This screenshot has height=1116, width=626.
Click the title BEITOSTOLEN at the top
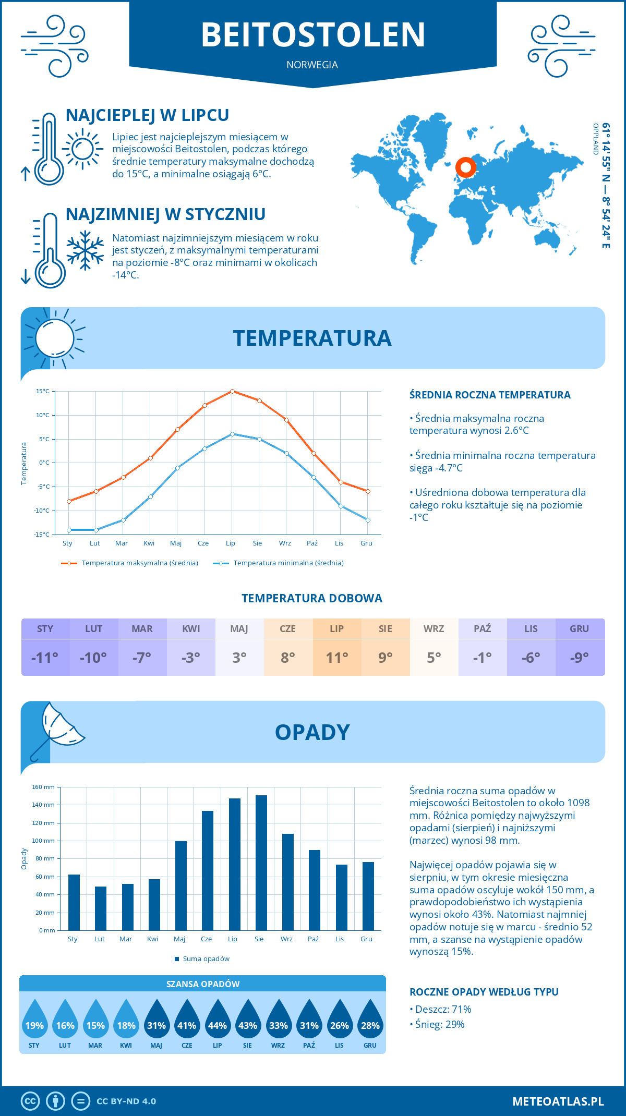coord(313,34)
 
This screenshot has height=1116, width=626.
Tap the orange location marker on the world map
coord(465,167)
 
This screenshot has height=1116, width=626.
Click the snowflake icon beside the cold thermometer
coord(85,250)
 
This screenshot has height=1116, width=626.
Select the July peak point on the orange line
coord(232,391)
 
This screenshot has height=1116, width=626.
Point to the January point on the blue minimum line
coord(69,530)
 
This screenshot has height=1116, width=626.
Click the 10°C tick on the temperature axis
coord(43,415)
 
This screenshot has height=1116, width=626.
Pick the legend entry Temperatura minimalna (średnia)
coord(288,563)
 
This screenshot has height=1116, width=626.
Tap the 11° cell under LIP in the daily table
coord(336,658)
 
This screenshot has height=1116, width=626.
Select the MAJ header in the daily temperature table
coord(239,629)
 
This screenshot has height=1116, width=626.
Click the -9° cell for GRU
coord(580,658)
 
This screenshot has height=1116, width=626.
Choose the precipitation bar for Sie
coord(261,863)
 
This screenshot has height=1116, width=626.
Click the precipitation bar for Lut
coord(101,908)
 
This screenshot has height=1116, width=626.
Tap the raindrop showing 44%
coord(217,1020)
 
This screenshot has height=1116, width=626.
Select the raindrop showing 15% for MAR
coord(95,1020)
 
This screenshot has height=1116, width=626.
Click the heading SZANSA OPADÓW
coord(202,984)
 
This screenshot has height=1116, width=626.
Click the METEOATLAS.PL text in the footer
coord(558,1101)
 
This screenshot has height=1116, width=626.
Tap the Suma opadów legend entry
coord(206,959)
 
